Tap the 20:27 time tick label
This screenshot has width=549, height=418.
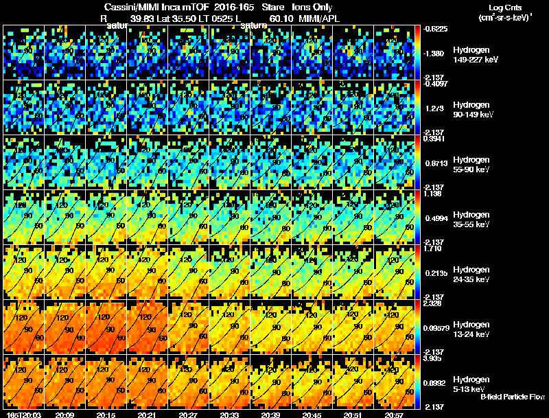[x=187, y=414]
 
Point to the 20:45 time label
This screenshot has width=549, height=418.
[x=310, y=414]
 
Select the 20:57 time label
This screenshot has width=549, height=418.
[x=393, y=414]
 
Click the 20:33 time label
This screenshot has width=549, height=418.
[x=228, y=414]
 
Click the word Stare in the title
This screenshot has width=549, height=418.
[x=268, y=7]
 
